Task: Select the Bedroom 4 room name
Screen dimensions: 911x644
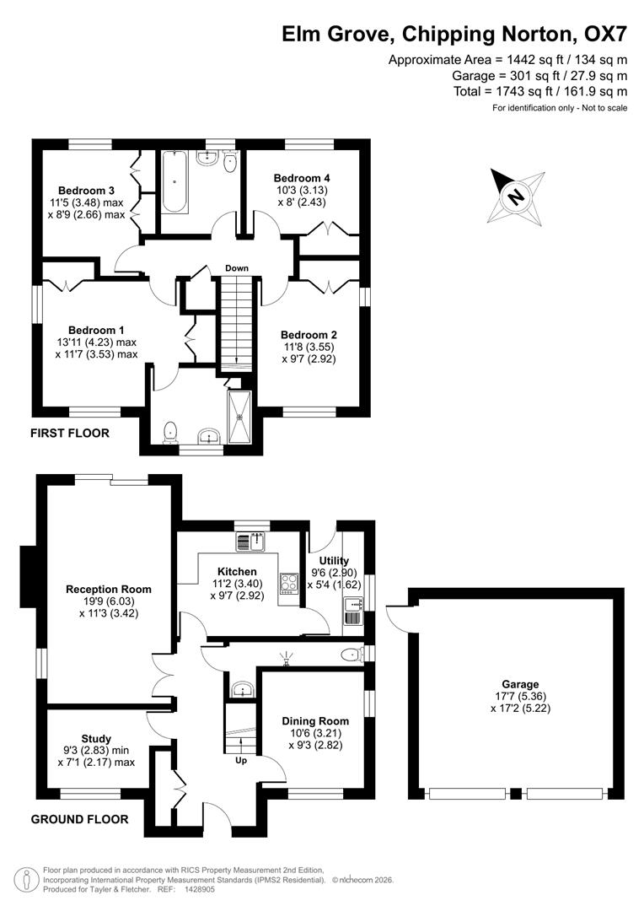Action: click(x=302, y=178)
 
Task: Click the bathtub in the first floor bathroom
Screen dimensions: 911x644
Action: click(x=175, y=181)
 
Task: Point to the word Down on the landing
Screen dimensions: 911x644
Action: click(x=237, y=268)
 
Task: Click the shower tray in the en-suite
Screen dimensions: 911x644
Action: click(x=239, y=417)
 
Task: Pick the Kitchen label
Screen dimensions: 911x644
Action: click(x=237, y=571)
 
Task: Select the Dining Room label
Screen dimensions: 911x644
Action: click(x=315, y=721)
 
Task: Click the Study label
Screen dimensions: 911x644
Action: click(x=96, y=739)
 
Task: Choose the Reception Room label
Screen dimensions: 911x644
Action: click(x=109, y=589)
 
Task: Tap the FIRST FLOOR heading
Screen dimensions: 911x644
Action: click(x=70, y=433)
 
